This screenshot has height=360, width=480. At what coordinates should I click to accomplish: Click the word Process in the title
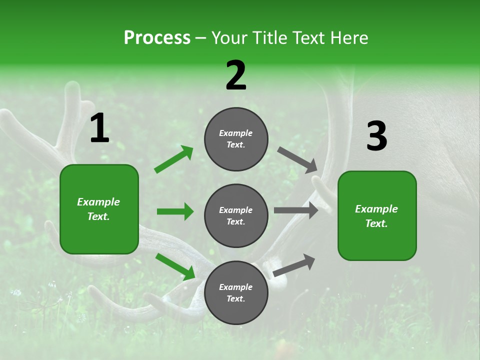[x=157, y=38]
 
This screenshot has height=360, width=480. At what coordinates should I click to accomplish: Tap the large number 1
[x=99, y=128]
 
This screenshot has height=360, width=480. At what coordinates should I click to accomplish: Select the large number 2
[x=236, y=75]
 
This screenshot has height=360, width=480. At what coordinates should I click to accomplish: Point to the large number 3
[x=376, y=136]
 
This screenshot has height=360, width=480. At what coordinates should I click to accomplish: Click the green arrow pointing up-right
[x=174, y=159]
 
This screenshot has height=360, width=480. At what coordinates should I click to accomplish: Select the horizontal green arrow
[x=175, y=211]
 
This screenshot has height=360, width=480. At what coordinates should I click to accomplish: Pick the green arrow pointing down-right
[x=175, y=266]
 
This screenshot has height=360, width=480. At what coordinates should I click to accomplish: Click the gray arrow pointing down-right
[x=297, y=159]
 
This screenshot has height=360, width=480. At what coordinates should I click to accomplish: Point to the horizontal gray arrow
[x=296, y=210]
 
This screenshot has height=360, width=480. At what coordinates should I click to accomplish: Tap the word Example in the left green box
[x=98, y=202]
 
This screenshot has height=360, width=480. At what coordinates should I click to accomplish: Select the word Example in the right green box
[x=376, y=209]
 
